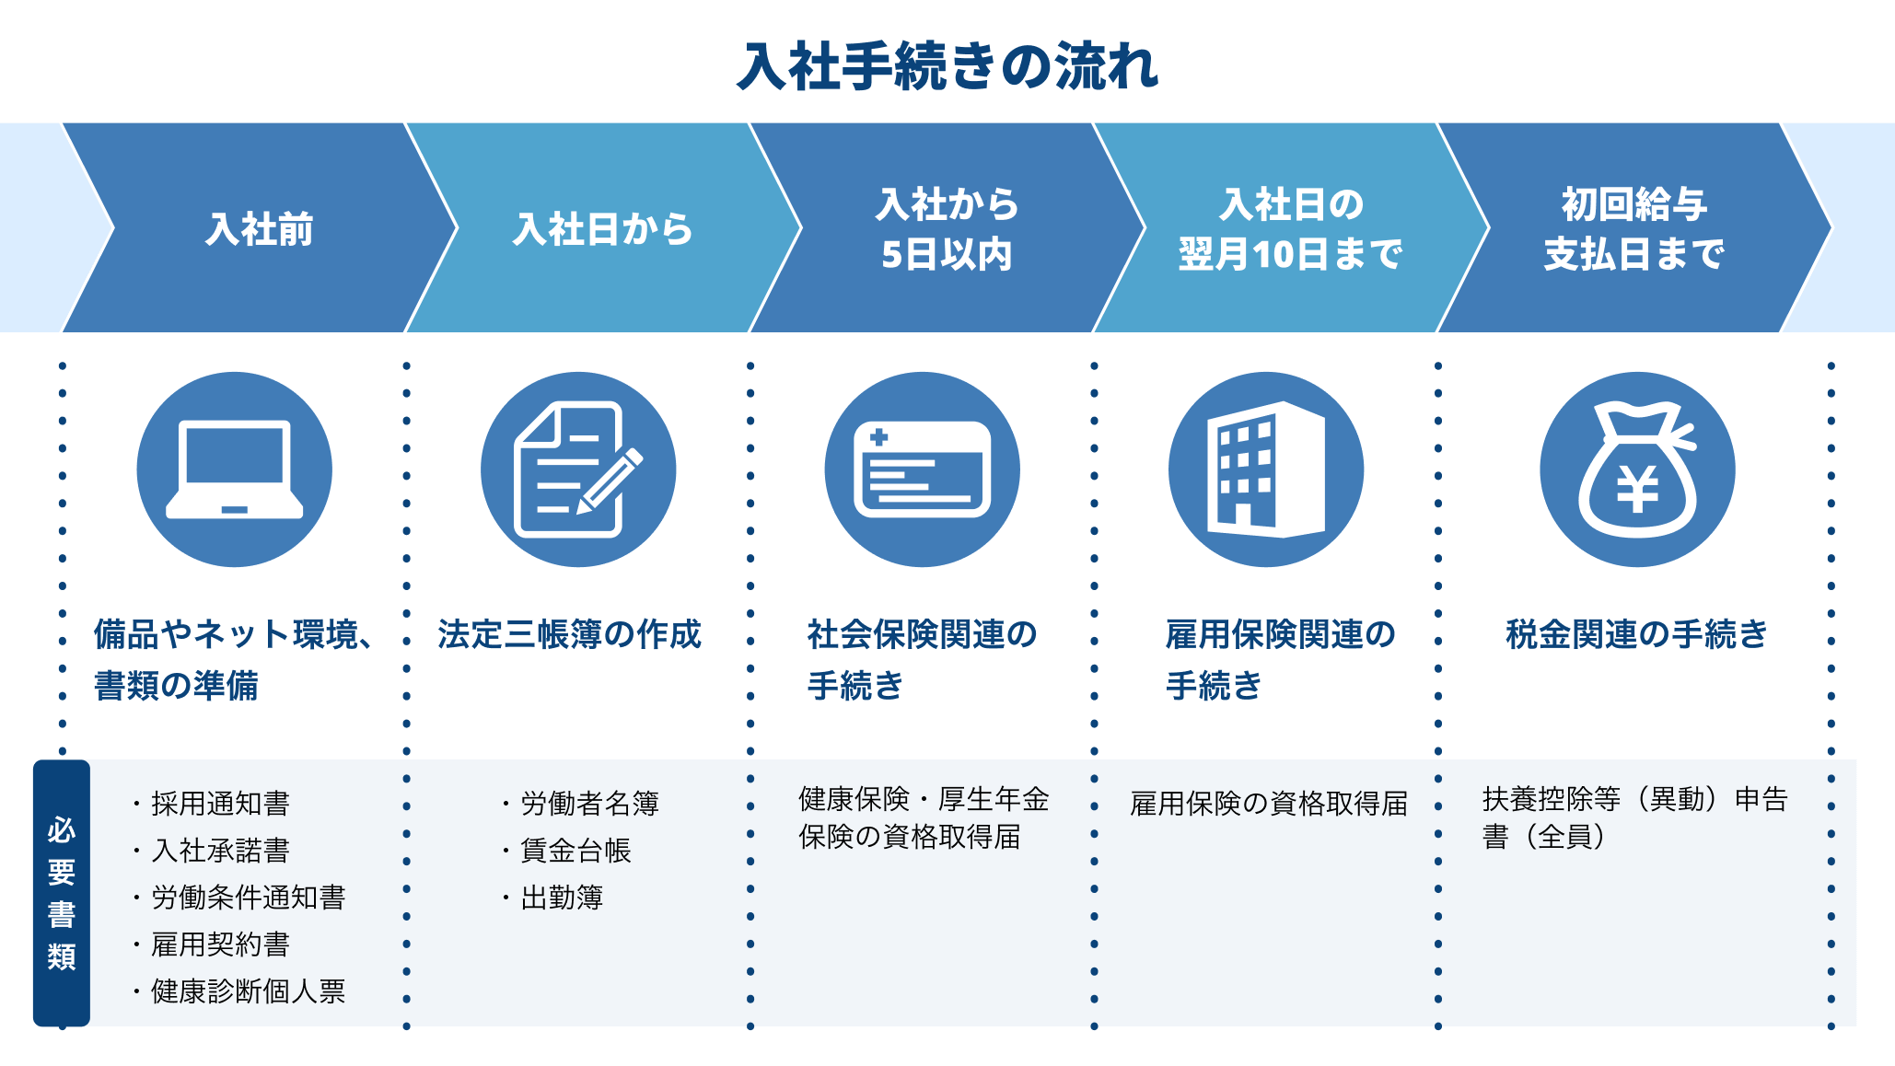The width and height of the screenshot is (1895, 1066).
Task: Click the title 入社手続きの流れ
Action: click(947, 66)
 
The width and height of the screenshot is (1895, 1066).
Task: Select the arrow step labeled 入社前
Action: click(260, 227)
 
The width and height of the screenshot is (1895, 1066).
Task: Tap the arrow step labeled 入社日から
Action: click(603, 227)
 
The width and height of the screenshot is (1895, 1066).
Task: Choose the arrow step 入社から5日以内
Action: click(947, 227)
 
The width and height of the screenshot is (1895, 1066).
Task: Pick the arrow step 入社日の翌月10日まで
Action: click(1291, 227)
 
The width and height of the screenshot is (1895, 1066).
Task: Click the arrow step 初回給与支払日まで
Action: click(1634, 227)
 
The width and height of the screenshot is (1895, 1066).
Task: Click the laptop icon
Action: click(235, 469)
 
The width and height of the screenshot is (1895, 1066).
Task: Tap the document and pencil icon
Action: click(578, 469)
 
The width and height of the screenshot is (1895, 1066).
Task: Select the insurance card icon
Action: click(922, 469)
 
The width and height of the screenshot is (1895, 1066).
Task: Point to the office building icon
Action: click(1266, 469)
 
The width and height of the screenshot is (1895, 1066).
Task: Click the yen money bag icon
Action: click(1637, 469)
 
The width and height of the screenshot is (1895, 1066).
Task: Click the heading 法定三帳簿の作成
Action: click(569, 634)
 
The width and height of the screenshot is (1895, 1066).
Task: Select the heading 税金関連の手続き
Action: click(1636, 634)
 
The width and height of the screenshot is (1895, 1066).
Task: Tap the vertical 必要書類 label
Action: click(62, 893)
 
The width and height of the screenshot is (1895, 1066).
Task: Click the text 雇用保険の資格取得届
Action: click(1269, 804)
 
